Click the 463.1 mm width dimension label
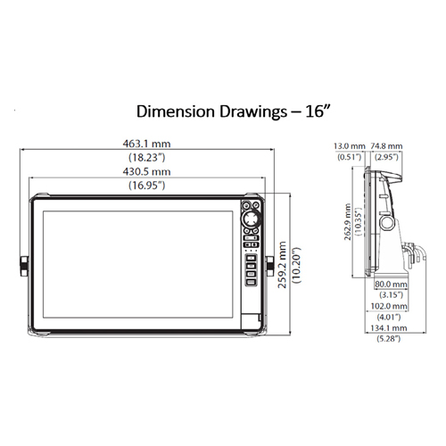pyautogui.click(x=146, y=144)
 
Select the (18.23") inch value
pyautogui.click(x=146, y=157)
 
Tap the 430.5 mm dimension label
pyautogui.click(x=146, y=172)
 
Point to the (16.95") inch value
pyautogui.click(x=146, y=186)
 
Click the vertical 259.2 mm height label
pyautogui.click(x=282, y=265)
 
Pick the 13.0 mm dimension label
pyautogui.click(x=350, y=146)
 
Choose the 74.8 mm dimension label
pyautogui.click(x=386, y=146)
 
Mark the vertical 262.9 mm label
pyautogui.click(x=348, y=222)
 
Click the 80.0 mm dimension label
pyautogui.click(x=391, y=285)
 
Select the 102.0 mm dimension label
pyautogui.click(x=389, y=306)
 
